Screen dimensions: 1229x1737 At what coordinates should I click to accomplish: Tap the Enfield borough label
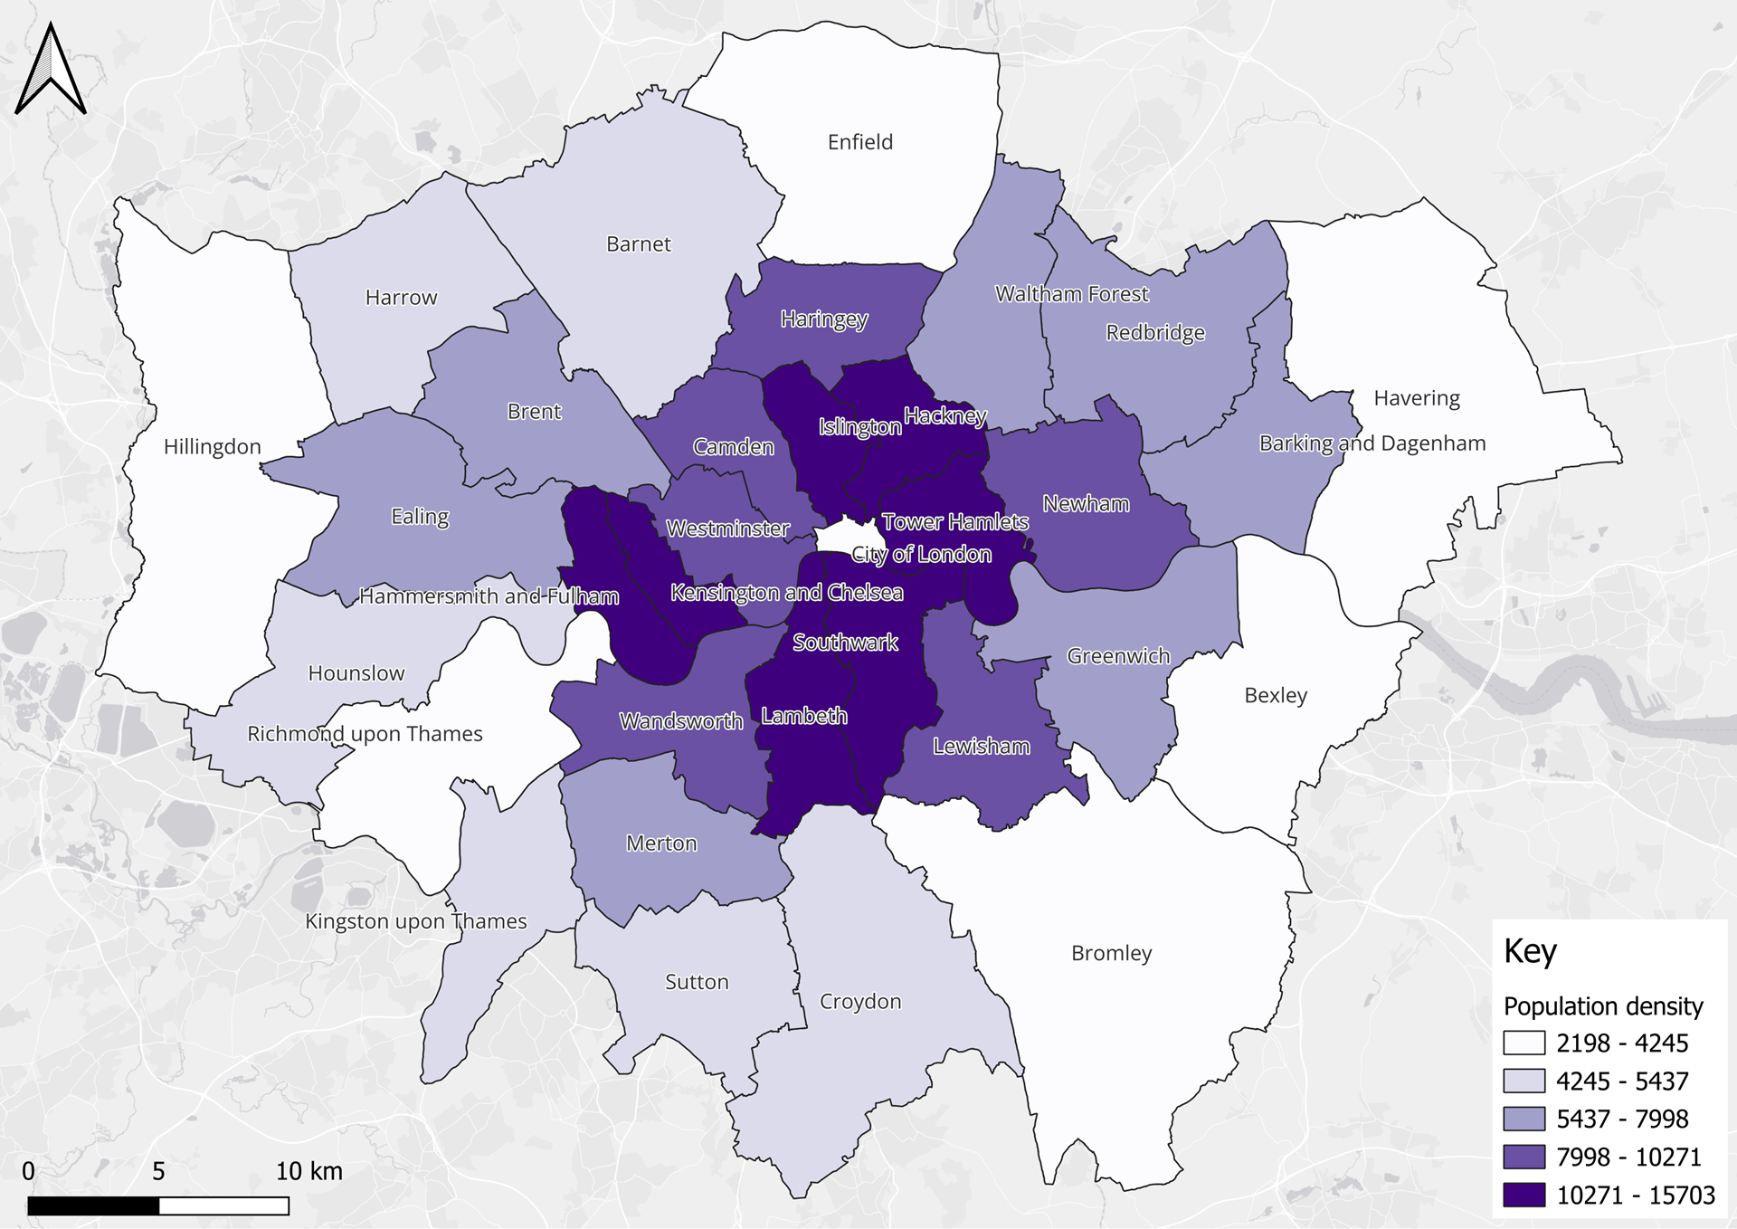click(x=859, y=142)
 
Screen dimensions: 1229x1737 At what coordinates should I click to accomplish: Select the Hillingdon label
click(x=212, y=446)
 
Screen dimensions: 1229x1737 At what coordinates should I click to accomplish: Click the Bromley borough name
click(x=1111, y=953)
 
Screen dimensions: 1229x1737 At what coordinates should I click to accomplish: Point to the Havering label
click(x=1416, y=398)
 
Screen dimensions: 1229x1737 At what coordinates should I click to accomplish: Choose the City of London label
click(x=921, y=554)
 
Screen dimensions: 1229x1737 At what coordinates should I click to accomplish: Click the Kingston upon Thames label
click(x=415, y=921)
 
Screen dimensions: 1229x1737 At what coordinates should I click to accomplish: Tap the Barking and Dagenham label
click(x=1372, y=443)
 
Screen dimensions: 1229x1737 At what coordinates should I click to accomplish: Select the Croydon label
click(x=859, y=1001)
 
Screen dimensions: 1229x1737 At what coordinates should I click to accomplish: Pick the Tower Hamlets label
click(x=954, y=522)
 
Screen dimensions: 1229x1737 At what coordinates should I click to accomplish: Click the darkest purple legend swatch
click(x=1523, y=1195)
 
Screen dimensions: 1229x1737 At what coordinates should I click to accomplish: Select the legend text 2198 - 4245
click(x=1621, y=1043)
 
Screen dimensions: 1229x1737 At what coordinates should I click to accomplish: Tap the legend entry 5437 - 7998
click(x=1621, y=1119)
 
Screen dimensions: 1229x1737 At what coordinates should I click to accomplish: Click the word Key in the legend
click(x=1530, y=951)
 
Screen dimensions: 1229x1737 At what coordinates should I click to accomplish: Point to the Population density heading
click(x=1602, y=1006)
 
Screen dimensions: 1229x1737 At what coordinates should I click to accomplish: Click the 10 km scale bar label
click(x=308, y=1171)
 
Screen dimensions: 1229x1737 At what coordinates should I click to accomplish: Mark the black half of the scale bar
click(x=93, y=1205)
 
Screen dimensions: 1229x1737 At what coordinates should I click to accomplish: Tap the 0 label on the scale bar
click(x=28, y=1171)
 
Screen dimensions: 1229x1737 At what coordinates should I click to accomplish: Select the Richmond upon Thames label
click(x=365, y=734)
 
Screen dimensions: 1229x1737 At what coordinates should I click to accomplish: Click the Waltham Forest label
click(x=1071, y=294)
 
